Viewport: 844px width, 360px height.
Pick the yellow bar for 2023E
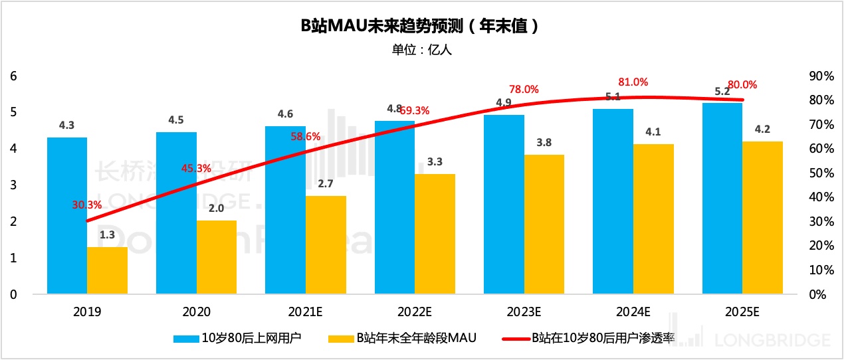544,225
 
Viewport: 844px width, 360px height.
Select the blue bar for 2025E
722,199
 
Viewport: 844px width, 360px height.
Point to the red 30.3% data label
86,205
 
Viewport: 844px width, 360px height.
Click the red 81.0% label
633,82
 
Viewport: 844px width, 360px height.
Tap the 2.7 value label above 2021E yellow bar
325,183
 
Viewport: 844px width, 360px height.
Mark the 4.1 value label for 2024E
653,132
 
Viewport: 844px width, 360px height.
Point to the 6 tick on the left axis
13,76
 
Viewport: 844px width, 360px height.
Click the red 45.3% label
196,168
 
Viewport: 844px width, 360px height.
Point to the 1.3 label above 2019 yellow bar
107,234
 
